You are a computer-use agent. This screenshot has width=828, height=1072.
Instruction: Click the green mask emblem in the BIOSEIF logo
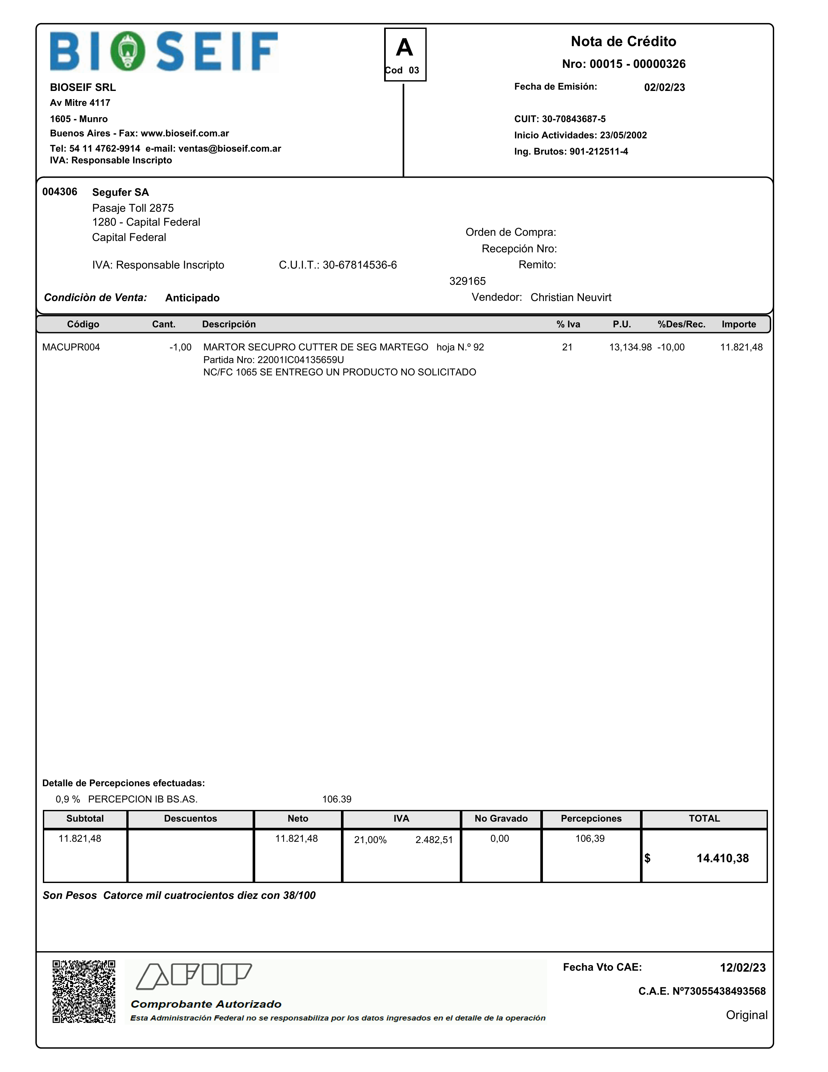[128, 51]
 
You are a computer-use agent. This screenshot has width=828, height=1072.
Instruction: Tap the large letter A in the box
[405, 48]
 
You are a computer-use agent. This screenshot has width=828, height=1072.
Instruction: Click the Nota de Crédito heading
[623, 41]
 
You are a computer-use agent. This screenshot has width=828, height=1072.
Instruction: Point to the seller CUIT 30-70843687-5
[573, 119]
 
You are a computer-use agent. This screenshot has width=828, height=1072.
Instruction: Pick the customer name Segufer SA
[120, 192]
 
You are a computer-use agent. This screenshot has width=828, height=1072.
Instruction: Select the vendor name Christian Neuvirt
[571, 297]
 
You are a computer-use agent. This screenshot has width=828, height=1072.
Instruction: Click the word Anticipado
[193, 298]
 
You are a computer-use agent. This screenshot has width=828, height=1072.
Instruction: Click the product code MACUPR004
[71, 347]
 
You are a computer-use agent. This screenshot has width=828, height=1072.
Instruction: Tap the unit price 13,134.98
[630, 347]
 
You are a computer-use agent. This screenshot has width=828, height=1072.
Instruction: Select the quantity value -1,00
[181, 347]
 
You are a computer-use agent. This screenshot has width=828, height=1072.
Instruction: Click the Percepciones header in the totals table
[591, 819]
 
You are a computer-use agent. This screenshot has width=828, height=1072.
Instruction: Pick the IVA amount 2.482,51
[434, 840]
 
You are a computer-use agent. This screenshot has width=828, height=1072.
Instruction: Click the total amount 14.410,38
[722, 859]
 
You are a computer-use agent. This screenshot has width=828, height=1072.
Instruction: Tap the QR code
[84, 991]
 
